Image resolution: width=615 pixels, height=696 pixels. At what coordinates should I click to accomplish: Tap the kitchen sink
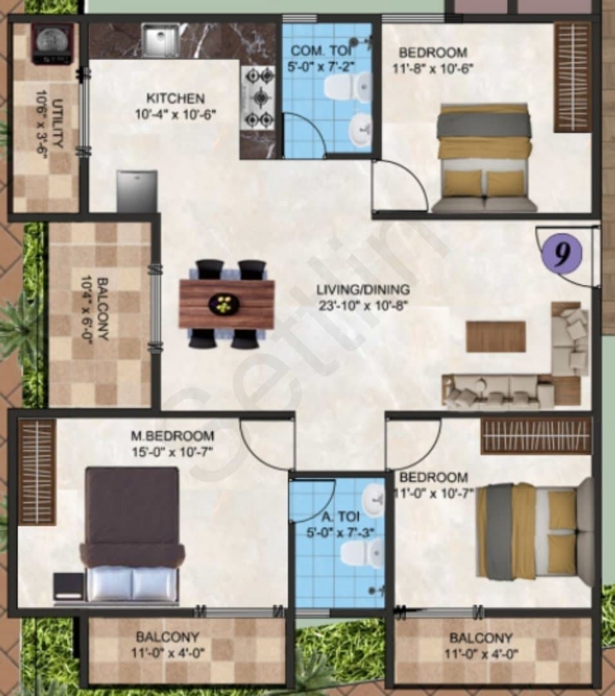pyautogui.click(x=161, y=41)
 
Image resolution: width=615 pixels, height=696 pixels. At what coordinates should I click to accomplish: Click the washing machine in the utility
pyautogui.click(x=52, y=44)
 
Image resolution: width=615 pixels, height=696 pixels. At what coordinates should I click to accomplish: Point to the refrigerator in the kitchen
pyautogui.click(x=137, y=191)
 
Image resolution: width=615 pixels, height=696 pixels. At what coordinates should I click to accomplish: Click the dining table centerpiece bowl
pyautogui.click(x=224, y=304)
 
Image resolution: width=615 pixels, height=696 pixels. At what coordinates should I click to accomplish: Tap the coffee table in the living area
pyautogui.click(x=496, y=337)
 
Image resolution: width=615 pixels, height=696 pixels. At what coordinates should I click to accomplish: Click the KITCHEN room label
pyautogui.click(x=175, y=98)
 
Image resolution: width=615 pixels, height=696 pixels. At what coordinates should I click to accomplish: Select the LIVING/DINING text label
pyautogui.click(x=363, y=290)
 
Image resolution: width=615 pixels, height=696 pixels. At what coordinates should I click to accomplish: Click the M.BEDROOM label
pyautogui.click(x=172, y=436)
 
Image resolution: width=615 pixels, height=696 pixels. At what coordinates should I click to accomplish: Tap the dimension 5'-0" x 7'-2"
pyautogui.click(x=322, y=67)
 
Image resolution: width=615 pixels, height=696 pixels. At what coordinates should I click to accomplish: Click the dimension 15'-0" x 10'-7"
pyautogui.click(x=172, y=452)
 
